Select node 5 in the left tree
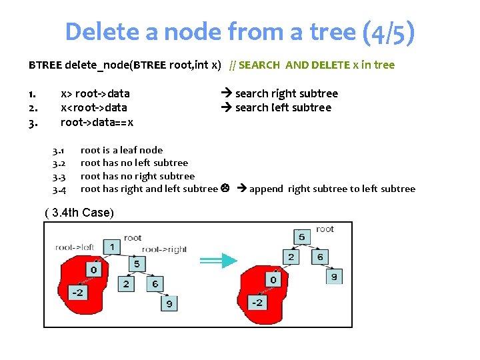(x=137, y=264)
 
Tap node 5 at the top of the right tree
(x=301, y=237)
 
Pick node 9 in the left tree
(x=169, y=304)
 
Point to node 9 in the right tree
(x=334, y=276)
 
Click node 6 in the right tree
(x=321, y=257)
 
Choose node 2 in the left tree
(x=126, y=284)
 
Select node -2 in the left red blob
(x=79, y=292)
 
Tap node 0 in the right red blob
(x=273, y=279)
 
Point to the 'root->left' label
(x=75, y=247)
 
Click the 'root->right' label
(x=164, y=249)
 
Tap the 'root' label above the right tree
(x=325, y=229)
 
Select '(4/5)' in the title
(x=389, y=31)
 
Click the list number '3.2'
(x=59, y=163)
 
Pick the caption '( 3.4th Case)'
(x=79, y=213)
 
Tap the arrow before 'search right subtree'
(x=226, y=93)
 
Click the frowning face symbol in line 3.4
(x=225, y=189)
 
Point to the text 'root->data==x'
(x=97, y=122)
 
